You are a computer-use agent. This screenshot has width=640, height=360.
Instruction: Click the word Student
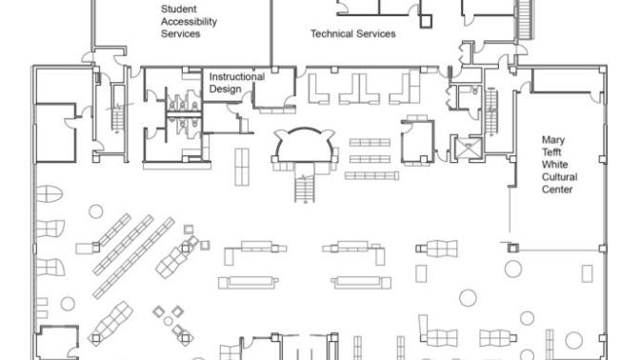click(179, 9)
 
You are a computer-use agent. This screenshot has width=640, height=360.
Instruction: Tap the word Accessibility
click(189, 22)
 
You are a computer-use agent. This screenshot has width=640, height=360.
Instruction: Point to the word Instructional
click(237, 77)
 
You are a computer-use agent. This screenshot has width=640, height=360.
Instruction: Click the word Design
click(225, 90)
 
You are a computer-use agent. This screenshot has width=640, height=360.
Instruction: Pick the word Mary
click(553, 140)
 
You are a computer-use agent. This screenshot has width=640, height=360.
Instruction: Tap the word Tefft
click(551, 152)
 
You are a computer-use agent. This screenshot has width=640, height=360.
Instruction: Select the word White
click(554, 165)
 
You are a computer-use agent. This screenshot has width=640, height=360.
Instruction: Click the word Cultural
click(559, 177)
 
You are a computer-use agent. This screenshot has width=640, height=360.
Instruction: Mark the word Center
click(557, 190)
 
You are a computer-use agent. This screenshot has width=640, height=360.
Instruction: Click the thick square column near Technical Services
click(426, 21)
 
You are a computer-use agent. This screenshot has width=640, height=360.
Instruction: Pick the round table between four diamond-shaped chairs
click(169, 321)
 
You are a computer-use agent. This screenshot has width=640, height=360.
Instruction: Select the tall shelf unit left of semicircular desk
click(242, 167)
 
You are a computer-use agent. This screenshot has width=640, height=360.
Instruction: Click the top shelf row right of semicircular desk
click(370, 143)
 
